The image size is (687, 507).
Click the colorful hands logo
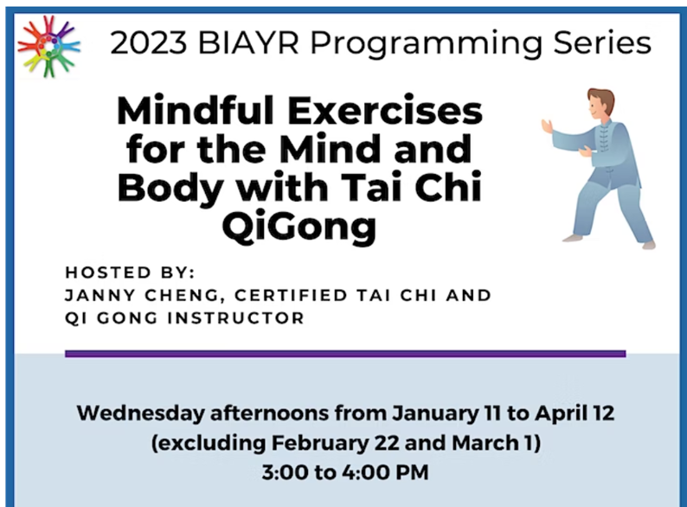48,46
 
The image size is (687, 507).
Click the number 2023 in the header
149,43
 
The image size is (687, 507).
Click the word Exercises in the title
385,112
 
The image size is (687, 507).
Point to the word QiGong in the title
299,226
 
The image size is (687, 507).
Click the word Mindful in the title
196,111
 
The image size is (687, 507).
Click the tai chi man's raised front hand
547,126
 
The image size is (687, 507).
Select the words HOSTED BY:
130,273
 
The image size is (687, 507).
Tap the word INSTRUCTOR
236,318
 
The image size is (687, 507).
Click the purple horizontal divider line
345,354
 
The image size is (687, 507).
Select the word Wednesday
141,414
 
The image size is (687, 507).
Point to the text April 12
575,414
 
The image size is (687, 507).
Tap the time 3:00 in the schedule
285,472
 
